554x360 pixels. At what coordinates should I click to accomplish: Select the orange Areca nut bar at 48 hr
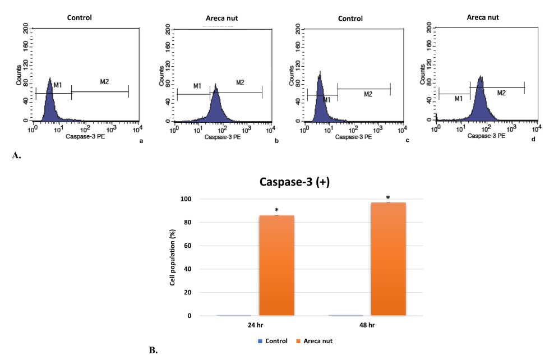[388, 259]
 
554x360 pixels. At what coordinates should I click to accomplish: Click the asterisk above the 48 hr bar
[389, 198]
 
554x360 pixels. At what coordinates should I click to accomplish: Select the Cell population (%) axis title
[174, 257]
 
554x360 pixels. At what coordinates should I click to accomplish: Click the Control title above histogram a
[79, 17]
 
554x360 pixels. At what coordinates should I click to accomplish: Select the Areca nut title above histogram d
[483, 17]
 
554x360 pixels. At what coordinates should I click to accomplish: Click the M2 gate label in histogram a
[104, 82]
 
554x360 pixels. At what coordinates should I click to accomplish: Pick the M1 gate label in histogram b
[197, 86]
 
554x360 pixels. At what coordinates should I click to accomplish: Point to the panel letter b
[276, 141]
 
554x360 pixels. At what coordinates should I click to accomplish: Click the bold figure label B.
[153, 351]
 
